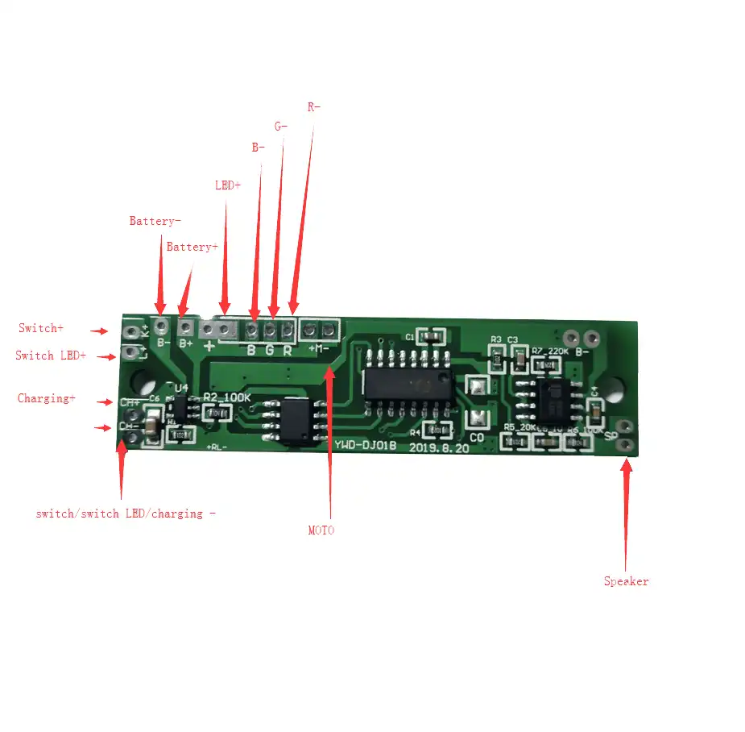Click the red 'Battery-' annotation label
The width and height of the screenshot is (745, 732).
(155, 221)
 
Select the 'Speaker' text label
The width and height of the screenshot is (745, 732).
(626, 581)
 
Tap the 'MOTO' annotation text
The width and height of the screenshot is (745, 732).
(321, 530)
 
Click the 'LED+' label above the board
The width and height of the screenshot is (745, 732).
(227, 185)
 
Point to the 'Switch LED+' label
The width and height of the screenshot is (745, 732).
(50, 356)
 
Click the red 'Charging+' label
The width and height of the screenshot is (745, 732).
(46, 398)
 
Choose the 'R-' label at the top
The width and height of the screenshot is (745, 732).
(313, 106)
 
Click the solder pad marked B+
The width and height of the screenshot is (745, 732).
(186, 327)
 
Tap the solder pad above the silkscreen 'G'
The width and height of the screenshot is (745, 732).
(270, 329)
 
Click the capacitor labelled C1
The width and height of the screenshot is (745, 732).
(432, 335)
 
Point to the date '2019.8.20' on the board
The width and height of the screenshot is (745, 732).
(439, 448)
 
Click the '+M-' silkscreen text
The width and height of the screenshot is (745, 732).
(319, 348)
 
